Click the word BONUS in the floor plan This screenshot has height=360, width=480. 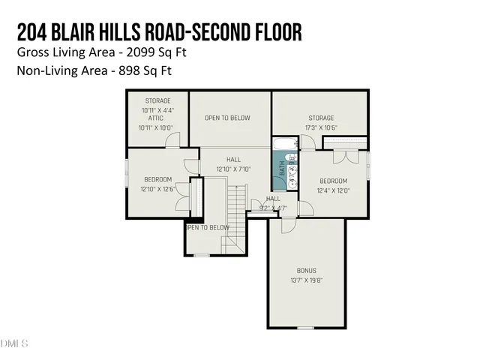[x=307, y=270]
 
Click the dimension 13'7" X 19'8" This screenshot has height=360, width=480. [x=307, y=280]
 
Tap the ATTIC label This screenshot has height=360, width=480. [x=156, y=118]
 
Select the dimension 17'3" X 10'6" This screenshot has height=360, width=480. [x=321, y=127]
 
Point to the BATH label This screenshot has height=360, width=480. [x=283, y=170]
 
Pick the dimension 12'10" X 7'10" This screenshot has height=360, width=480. [x=234, y=169]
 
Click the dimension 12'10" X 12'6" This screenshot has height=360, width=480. [x=157, y=189]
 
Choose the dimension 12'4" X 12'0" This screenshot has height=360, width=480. [x=333, y=190]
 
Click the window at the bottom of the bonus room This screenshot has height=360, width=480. [x=305, y=328]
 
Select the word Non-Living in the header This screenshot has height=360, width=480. [x=44, y=71]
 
